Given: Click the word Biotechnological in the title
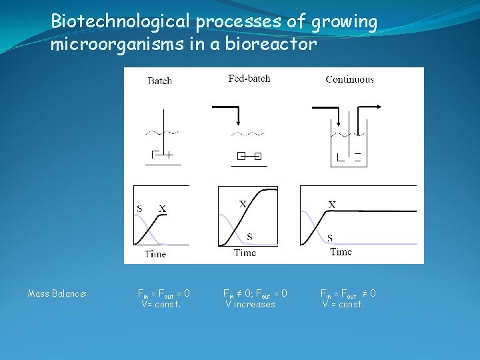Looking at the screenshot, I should pos(120,21).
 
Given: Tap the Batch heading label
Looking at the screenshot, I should pos(159,81).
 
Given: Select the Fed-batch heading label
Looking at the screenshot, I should pos(249,79).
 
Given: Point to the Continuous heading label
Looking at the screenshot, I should pos(349,79).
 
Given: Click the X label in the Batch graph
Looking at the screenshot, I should pos(162,209).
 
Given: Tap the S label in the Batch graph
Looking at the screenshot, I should pos(139,208).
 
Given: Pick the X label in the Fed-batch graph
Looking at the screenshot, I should pos(243,203).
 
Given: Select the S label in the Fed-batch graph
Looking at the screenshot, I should pos(249,237).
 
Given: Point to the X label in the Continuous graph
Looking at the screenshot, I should pos(331,204).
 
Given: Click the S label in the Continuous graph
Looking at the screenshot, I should pos(330,237).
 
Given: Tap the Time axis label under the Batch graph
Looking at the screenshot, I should pos(155,253).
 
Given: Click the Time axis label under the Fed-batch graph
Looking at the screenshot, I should pos(245,253).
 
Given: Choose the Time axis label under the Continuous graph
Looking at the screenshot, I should pos(341,251).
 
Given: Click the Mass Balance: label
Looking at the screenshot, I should pos(57,293).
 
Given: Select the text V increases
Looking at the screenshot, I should pos(250,304).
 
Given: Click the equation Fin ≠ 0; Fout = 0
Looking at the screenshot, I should pos(255,293).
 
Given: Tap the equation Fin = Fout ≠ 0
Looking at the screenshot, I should pos(348,293).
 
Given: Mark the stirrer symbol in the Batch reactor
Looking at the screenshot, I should pos(163,155).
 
